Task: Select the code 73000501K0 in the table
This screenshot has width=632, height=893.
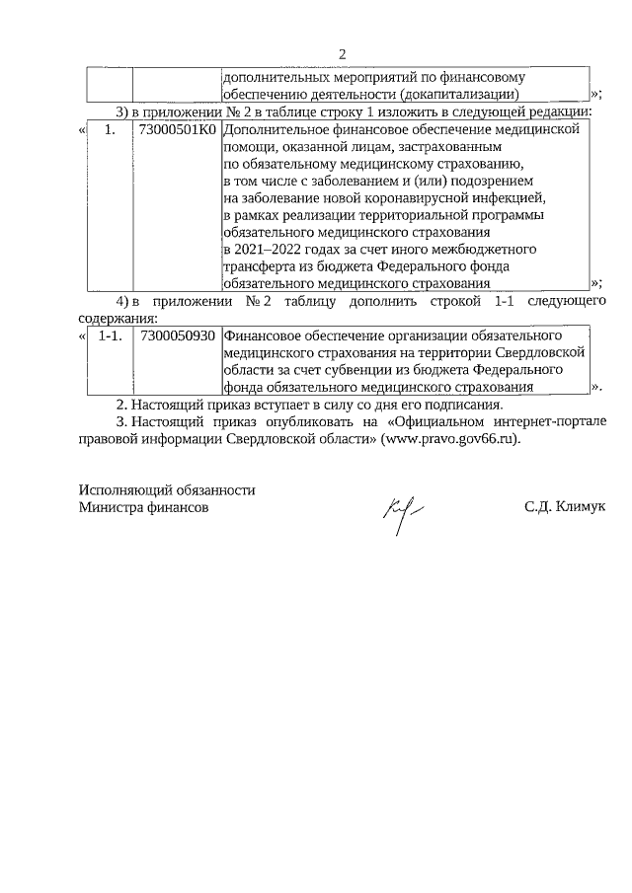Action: point(178,129)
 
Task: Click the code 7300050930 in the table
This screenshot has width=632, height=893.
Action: point(178,335)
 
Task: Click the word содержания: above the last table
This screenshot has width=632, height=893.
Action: point(117,318)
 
